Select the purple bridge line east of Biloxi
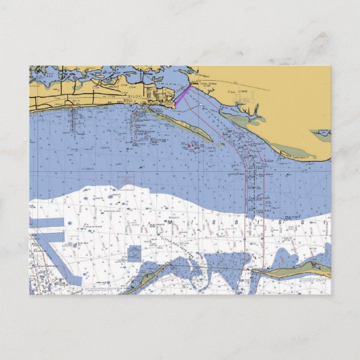coord(182,94)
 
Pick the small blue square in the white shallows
coord(134,253)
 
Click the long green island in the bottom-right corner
coord(299,270)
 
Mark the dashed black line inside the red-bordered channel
coord(253,204)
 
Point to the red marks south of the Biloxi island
coord(194,144)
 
